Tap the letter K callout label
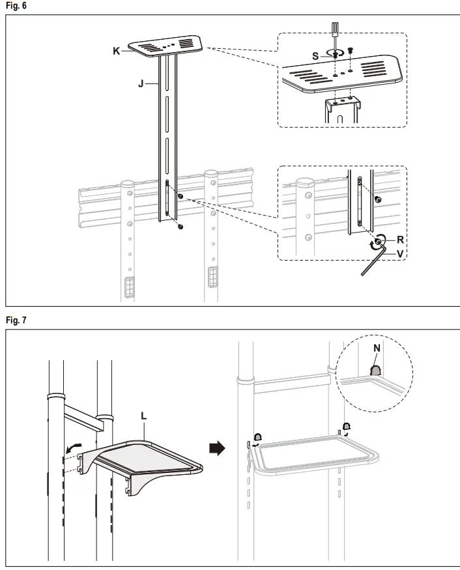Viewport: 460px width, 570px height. point(117,51)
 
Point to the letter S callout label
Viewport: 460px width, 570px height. point(315,56)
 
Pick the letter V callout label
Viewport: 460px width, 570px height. point(400,253)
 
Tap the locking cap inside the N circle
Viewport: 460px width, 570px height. point(376,372)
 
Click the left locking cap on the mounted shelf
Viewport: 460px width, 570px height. point(258,438)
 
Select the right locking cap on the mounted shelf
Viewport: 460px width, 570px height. point(347,427)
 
